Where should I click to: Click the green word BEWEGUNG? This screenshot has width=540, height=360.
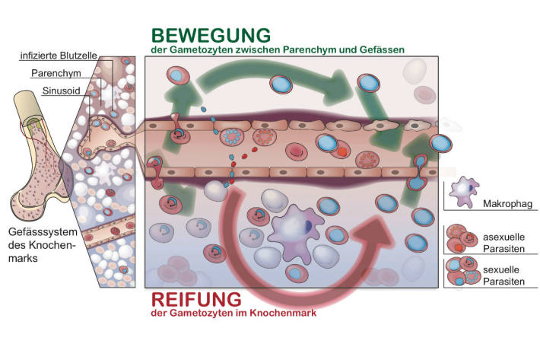click(x=211, y=35)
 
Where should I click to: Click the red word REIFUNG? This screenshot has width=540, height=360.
click(x=199, y=298)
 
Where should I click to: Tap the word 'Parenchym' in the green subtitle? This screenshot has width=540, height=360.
click(x=308, y=49)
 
